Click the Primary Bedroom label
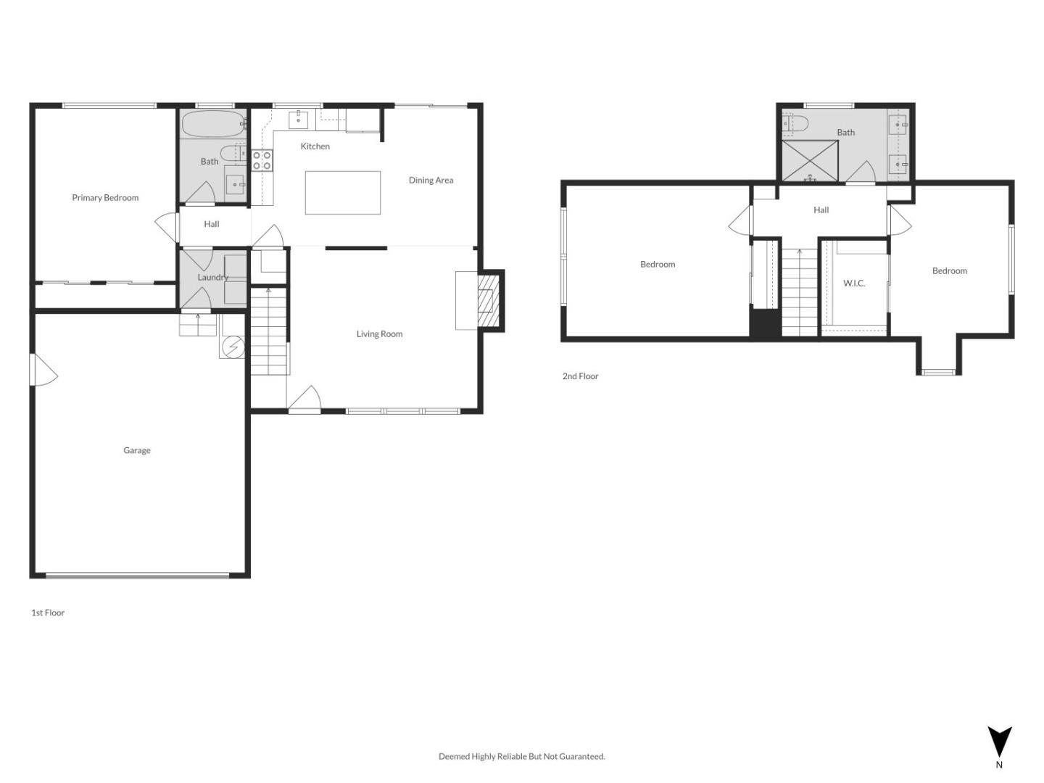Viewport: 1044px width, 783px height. pyautogui.click(x=105, y=198)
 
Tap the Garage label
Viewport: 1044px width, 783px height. pyautogui.click(x=137, y=450)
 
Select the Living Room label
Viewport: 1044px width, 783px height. pyautogui.click(x=379, y=334)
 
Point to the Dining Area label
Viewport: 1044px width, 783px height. pyautogui.click(x=431, y=181)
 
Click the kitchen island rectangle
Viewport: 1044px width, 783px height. pyautogui.click(x=342, y=192)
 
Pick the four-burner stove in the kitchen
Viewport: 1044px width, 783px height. pyautogui.click(x=262, y=160)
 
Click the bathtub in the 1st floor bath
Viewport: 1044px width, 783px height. pyautogui.click(x=212, y=124)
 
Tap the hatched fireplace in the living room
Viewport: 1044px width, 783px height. pyautogui.click(x=489, y=300)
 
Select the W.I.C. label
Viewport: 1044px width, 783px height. pyautogui.click(x=854, y=283)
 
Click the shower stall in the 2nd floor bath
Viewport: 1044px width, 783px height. pyautogui.click(x=810, y=161)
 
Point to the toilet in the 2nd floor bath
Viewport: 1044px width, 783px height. pyautogui.click(x=795, y=124)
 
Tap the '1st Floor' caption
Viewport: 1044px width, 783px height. pyautogui.click(x=48, y=613)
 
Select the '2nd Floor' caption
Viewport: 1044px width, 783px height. pyautogui.click(x=581, y=376)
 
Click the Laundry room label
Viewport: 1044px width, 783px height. pyautogui.click(x=212, y=278)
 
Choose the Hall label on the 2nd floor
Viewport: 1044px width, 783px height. pyautogui.click(x=821, y=210)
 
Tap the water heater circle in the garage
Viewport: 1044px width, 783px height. pyautogui.click(x=233, y=347)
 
